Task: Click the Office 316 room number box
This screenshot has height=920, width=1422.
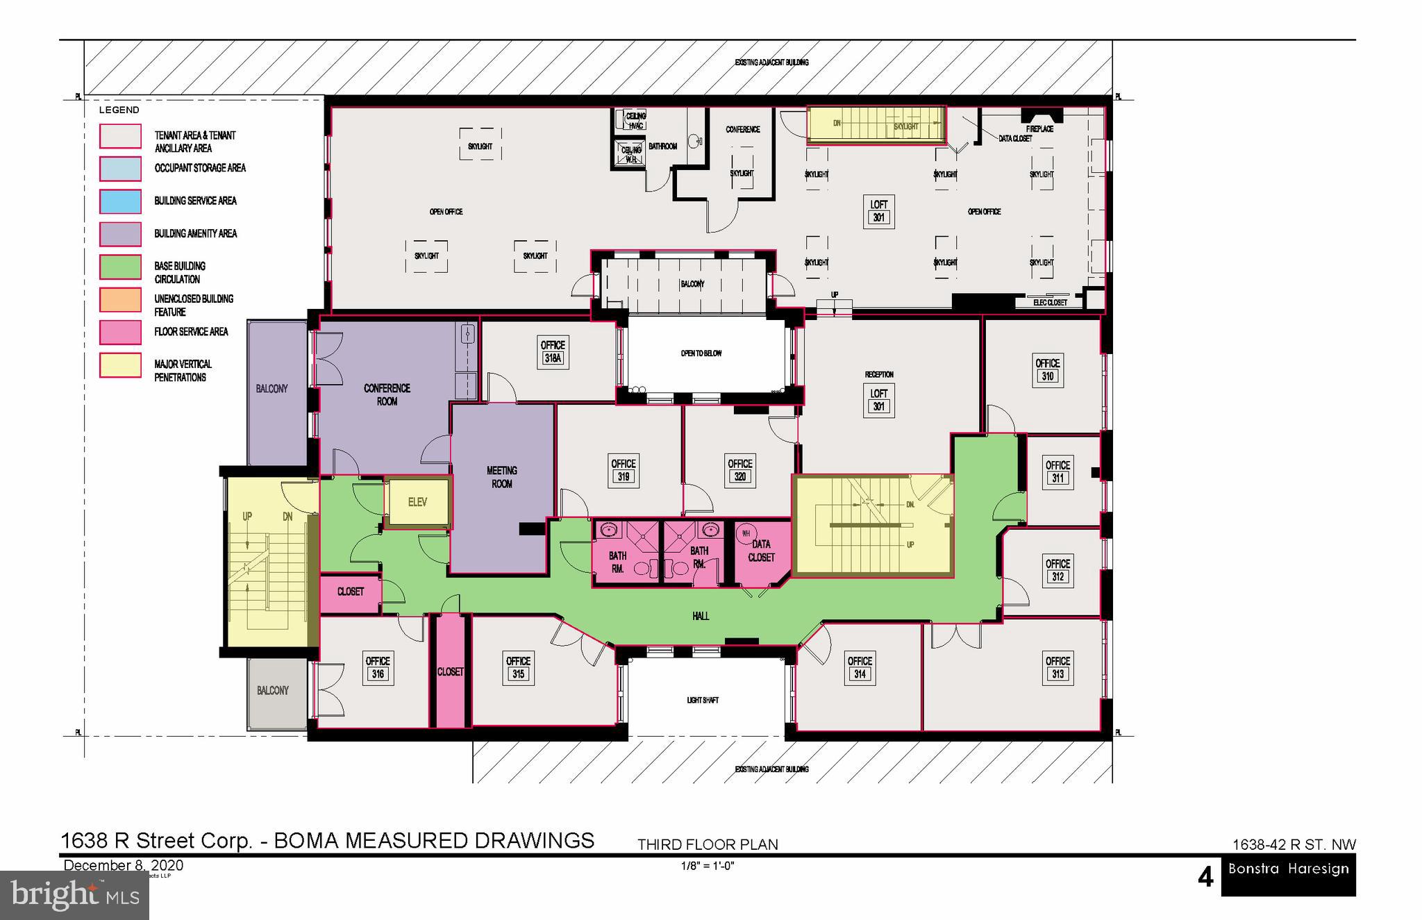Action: click(x=377, y=674)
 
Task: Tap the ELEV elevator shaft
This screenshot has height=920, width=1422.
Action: click(x=417, y=502)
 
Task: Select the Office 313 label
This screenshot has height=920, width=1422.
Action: click(x=1057, y=667)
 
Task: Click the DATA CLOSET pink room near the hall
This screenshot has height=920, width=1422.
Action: click(x=762, y=551)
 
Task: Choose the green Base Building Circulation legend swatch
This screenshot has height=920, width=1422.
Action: click(x=120, y=267)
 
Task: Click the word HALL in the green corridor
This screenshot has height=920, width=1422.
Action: click(x=701, y=616)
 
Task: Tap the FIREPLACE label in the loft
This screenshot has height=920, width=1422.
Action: click(x=1039, y=129)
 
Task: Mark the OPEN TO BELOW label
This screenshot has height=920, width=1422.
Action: click(x=701, y=353)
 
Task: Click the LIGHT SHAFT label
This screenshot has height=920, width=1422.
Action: click(x=703, y=700)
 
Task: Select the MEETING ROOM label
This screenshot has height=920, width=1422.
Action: click(x=501, y=477)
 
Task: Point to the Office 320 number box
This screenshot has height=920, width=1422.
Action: click(x=740, y=477)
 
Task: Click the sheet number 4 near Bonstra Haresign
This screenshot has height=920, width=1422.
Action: click(x=1205, y=878)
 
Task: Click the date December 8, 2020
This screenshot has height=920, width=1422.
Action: click(x=124, y=865)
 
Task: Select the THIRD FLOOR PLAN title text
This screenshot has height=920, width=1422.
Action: click(x=708, y=844)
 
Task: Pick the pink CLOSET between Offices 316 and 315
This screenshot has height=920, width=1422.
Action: click(x=450, y=671)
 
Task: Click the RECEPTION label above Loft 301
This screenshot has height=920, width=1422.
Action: click(x=879, y=374)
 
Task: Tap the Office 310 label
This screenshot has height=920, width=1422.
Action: click(x=1047, y=369)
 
